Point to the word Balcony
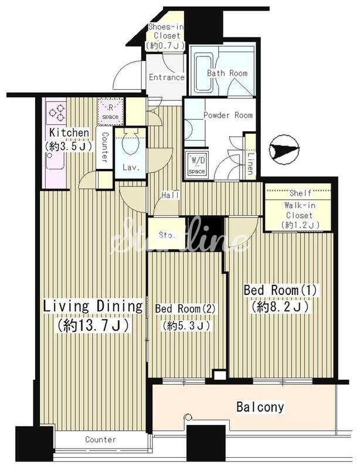tap(260, 407)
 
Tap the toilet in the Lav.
tap(131, 144)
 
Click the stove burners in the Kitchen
tap(57, 112)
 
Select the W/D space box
tap(196, 164)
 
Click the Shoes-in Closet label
tap(165, 36)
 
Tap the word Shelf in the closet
tap(300, 193)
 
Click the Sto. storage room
tap(167, 235)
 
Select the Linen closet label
tap(250, 164)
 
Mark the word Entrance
tap(167, 77)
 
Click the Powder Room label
tap(228, 115)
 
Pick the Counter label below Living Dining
tap(100, 439)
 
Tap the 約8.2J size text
tap(280, 307)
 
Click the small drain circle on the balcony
tap(188, 417)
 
